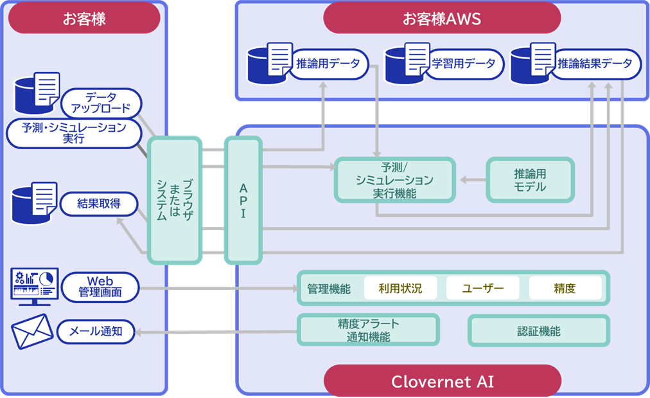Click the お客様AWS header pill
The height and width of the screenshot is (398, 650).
pos(441,18)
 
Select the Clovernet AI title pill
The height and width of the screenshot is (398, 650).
pos(442,381)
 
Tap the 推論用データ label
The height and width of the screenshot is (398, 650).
pos(328,64)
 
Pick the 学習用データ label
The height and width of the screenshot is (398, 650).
pos(463,64)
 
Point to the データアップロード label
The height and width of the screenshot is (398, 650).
pos(101,103)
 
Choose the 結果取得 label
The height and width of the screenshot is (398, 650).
pos(99,204)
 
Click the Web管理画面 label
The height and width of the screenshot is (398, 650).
pos(100,287)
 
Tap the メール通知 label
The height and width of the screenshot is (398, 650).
pos(97,332)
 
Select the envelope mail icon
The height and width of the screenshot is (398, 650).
pos(32,332)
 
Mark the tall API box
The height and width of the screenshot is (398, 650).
pos(243,200)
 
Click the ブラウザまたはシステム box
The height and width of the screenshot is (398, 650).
pos(174,200)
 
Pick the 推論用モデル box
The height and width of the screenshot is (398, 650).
pos(530,179)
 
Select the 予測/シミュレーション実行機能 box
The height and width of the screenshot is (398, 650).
pos(394,179)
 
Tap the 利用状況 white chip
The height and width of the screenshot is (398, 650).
pos(400,289)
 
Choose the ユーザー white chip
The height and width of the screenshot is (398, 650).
pos(483,289)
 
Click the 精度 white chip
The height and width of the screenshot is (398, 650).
pos(565,289)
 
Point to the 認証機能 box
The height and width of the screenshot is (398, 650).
pos(538,331)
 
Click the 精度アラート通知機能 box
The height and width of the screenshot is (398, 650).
pos(368,330)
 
